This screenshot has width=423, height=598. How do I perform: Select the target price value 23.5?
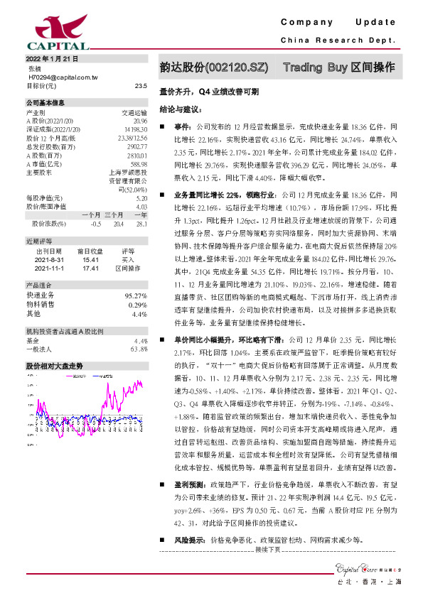(140, 85)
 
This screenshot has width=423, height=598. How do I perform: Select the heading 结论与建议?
(181, 110)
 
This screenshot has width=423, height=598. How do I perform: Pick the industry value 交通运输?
(134, 112)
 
